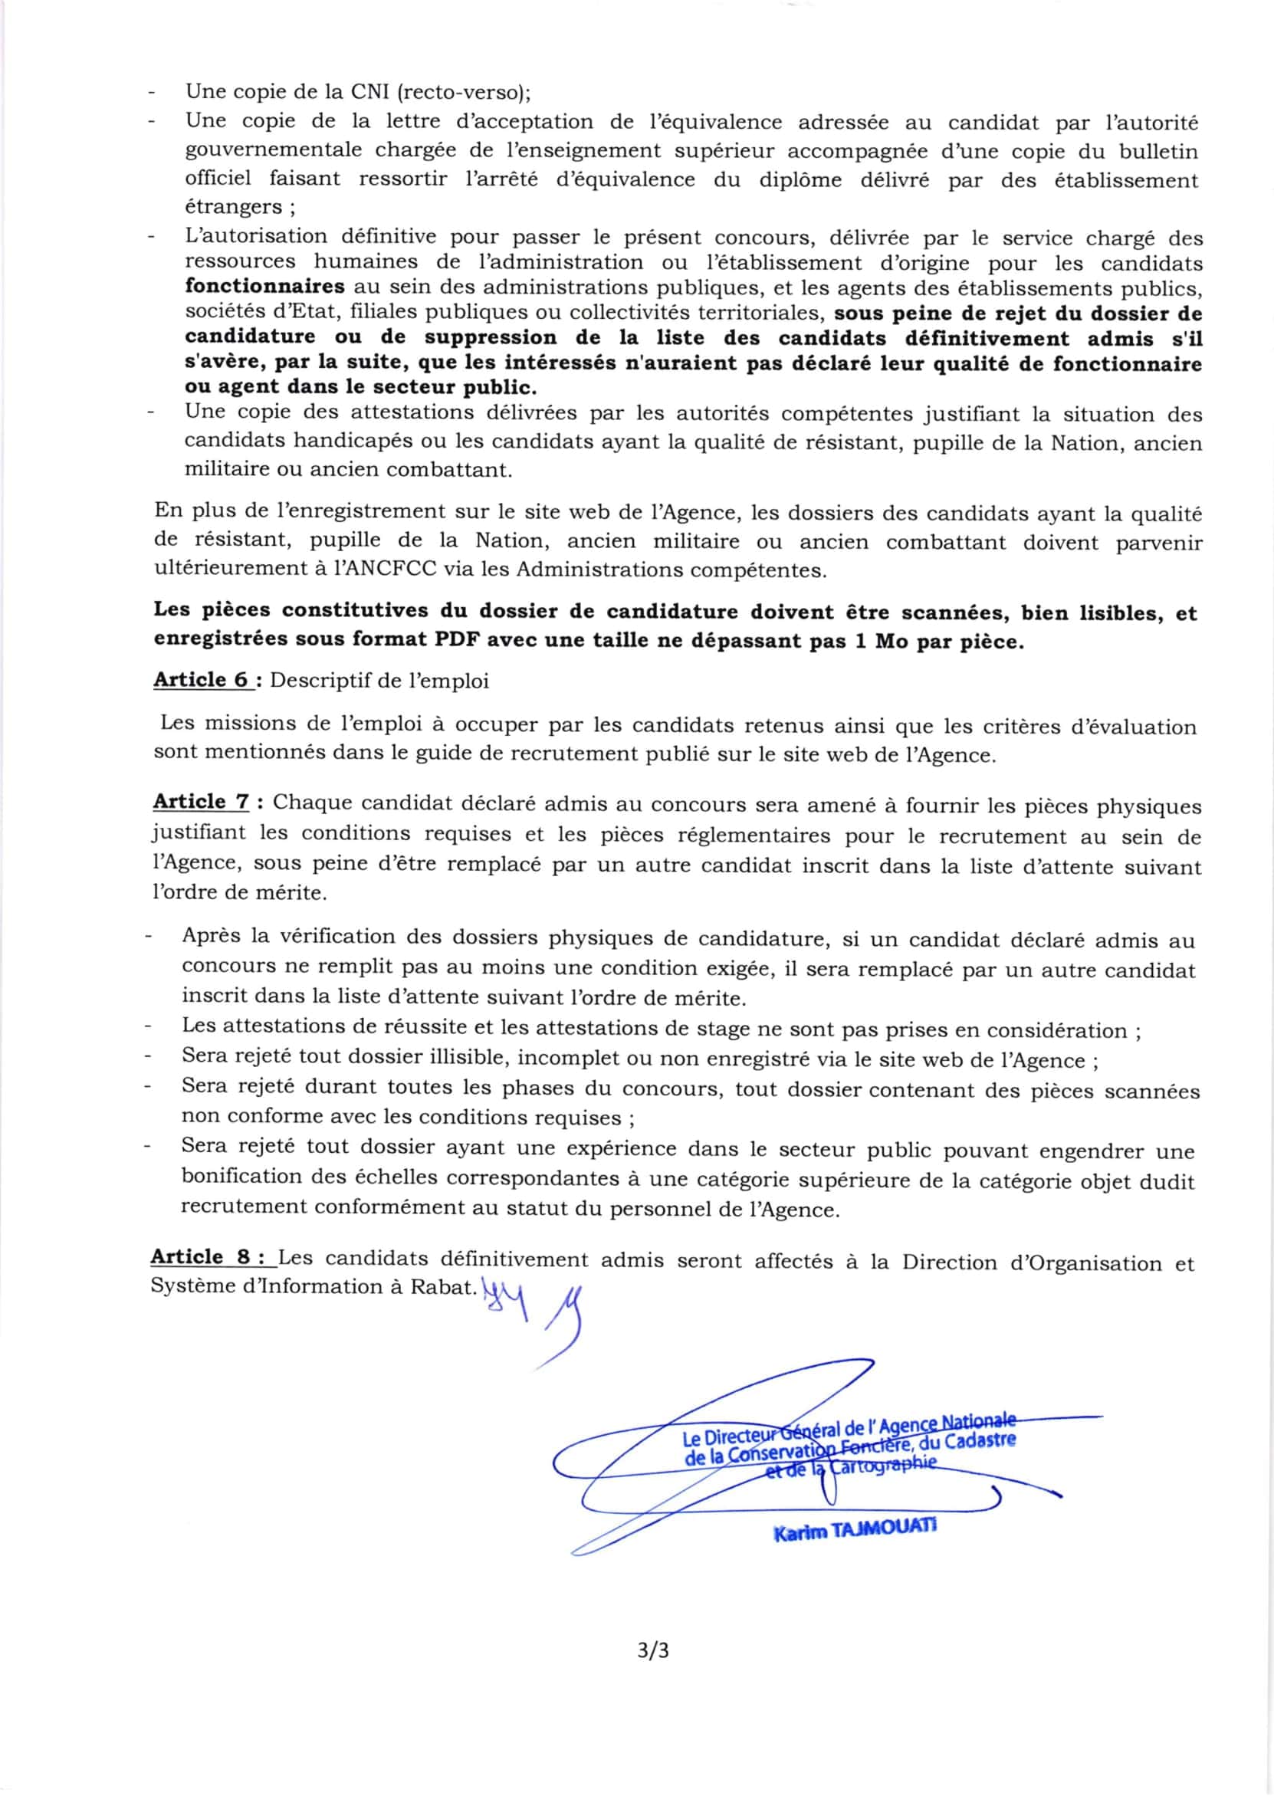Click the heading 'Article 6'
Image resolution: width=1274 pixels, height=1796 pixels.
(201, 680)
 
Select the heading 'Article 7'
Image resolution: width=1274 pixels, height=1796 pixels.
(201, 802)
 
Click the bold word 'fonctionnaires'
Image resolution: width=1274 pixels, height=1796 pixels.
(264, 286)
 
